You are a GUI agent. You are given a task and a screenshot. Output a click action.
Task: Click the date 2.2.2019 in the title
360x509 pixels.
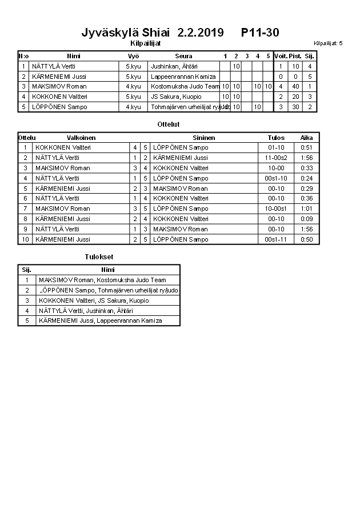coord(201,33)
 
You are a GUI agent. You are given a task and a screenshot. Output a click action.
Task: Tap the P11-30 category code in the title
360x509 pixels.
coord(260,33)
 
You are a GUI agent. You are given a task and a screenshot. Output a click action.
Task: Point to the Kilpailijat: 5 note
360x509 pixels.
coord(328,43)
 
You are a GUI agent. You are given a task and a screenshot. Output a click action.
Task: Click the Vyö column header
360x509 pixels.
coord(133,56)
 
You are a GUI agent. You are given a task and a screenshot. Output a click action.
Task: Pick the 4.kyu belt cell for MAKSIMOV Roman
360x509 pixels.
coord(133,87)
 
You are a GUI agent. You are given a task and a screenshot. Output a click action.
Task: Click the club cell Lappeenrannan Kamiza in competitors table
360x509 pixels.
coord(183,77)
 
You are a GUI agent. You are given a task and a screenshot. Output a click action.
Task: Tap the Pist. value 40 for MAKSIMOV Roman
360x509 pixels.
coord(295,87)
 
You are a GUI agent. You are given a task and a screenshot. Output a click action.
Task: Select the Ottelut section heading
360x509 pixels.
coord(169,124)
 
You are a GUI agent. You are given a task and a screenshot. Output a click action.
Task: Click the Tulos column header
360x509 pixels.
coord(276,138)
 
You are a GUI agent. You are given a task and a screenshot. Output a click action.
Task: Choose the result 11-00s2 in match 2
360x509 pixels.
coord(276,158)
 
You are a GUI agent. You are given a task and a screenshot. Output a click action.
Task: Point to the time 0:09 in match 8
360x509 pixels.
coord(307,219)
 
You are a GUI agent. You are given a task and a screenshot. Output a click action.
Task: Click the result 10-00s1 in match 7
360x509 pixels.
coord(276,209)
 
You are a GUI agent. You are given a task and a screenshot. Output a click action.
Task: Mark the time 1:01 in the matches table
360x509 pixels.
coord(307,209)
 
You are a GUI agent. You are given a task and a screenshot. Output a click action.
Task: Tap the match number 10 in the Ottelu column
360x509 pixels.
coord(25,240)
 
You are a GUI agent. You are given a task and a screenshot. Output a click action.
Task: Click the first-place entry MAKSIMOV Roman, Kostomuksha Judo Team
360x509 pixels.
coord(102,280)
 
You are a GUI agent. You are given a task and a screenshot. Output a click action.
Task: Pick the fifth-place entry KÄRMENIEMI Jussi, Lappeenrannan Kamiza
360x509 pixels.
coord(100,321)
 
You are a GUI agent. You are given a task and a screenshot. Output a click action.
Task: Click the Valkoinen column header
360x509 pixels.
coord(81,138)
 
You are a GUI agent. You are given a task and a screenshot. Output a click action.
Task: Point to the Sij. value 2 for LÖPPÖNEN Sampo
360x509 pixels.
coord(310,107)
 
